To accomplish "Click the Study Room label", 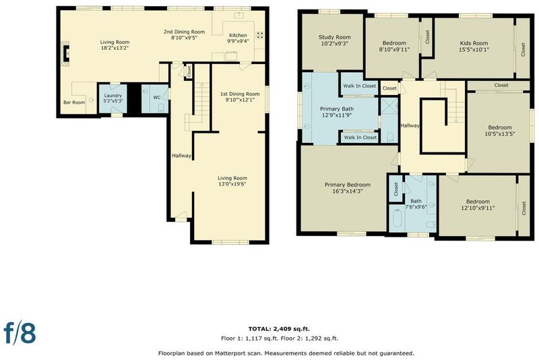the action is (x=334, y=37).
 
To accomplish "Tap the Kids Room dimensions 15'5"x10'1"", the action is (x=474, y=49).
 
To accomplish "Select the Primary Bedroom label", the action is (x=348, y=185).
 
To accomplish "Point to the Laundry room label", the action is (x=113, y=96).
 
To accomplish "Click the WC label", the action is (x=157, y=98).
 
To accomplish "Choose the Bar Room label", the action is (x=74, y=102).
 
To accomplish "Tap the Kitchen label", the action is (x=238, y=36).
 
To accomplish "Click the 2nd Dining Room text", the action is (x=184, y=32).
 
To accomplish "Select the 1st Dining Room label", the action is (x=240, y=94).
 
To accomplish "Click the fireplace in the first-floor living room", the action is (x=65, y=54).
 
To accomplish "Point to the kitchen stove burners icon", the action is (x=260, y=35).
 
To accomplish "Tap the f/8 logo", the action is (x=20, y=332).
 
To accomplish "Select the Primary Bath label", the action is (x=336, y=109).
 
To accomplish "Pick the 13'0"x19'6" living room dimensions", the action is (x=232, y=184).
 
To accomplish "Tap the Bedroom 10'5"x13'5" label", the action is (x=500, y=131).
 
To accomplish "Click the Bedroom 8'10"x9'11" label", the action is (x=394, y=47).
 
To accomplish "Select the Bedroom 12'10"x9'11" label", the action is (x=478, y=204).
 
